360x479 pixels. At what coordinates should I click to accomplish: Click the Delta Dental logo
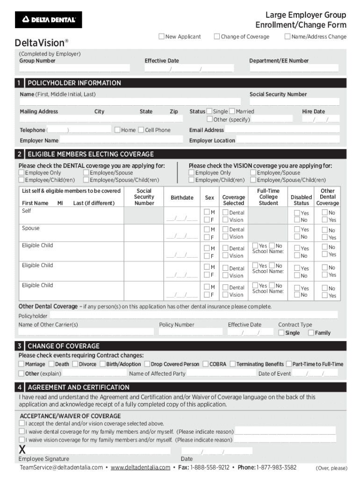tap(49, 20)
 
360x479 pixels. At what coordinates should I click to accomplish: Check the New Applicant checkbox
tap(162, 36)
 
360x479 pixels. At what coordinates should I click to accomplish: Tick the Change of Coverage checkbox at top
tap(217, 36)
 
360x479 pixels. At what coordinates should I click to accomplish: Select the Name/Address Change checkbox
tap(288, 36)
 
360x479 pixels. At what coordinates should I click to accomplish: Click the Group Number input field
tap(74, 68)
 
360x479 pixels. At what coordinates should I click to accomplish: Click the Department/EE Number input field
tap(295, 68)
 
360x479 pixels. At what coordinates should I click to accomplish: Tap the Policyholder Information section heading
tap(74, 83)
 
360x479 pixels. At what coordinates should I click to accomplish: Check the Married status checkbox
tap(232, 111)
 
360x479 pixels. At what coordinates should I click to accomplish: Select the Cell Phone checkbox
tap(141, 130)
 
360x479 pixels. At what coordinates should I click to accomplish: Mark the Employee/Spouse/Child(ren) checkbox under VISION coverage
tap(253, 180)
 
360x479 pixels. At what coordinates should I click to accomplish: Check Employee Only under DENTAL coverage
tap(22, 173)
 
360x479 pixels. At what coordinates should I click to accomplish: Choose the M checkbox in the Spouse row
tap(206, 229)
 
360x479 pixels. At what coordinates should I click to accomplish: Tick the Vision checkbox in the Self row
tap(225, 220)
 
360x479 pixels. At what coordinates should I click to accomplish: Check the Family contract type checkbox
tap(311, 333)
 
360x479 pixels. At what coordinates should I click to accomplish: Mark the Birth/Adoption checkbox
tap(102, 364)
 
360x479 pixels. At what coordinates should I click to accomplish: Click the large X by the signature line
tap(22, 450)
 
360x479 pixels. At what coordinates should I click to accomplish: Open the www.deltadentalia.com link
tap(140, 468)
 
